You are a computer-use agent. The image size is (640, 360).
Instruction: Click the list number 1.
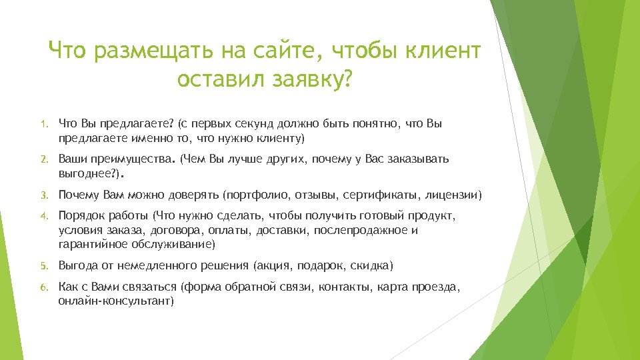tap(41, 124)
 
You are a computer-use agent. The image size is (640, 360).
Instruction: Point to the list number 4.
tap(41, 216)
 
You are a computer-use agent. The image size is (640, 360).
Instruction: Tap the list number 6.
tap(41, 287)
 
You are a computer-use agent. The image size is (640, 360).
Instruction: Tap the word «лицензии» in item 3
tap(453, 195)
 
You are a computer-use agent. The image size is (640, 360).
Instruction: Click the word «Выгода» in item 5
tap(77, 265)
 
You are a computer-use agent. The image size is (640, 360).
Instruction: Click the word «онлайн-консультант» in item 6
tap(115, 301)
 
